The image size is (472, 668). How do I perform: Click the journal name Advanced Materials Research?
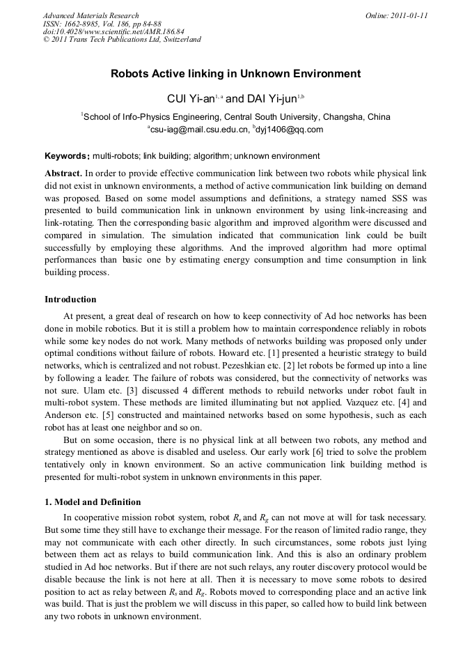coord(91,15)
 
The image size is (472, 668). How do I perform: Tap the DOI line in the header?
coord(113,31)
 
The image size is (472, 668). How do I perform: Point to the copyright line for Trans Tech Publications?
coord(122,40)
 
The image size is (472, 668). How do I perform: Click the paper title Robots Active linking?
coord(236,73)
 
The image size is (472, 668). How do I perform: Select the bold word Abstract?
coord(63,172)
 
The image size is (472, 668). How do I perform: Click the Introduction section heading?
coord(70,300)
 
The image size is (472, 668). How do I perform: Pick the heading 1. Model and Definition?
coord(93,502)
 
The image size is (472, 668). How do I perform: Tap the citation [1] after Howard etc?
coord(283,352)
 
